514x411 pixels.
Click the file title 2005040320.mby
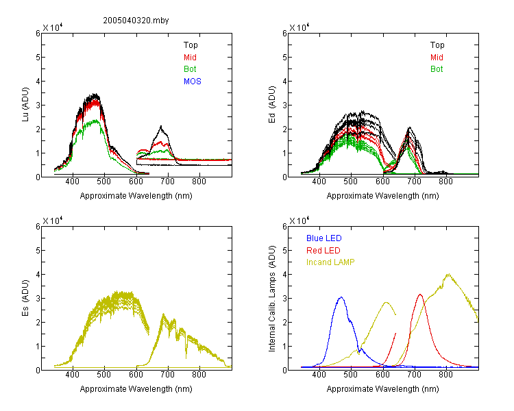pos(136,21)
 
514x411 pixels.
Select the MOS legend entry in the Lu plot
pos(193,82)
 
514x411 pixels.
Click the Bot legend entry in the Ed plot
pos(437,69)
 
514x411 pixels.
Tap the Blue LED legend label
pos(324,238)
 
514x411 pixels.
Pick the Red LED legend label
pos(323,251)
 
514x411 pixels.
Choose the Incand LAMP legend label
pos(330,262)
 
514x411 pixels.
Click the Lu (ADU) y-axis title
pos(25,104)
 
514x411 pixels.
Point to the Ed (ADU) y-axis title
pos(272,105)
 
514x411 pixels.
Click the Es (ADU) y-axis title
pos(25,297)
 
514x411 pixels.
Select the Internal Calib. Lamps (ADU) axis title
pos(272,298)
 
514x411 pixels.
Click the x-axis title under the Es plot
pos(136,389)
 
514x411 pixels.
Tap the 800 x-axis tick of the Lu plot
pos(199,182)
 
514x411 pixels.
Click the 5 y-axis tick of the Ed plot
pos(284,58)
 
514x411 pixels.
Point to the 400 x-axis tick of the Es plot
pos(73,375)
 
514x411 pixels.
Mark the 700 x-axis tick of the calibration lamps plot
pos(415,375)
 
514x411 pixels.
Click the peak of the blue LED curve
pos(341,297)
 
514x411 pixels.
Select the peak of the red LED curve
pos(420,295)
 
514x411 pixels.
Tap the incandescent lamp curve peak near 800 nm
pos(448,274)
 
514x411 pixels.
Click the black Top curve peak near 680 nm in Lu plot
pos(161,126)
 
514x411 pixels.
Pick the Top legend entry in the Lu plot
pos(191,45)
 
